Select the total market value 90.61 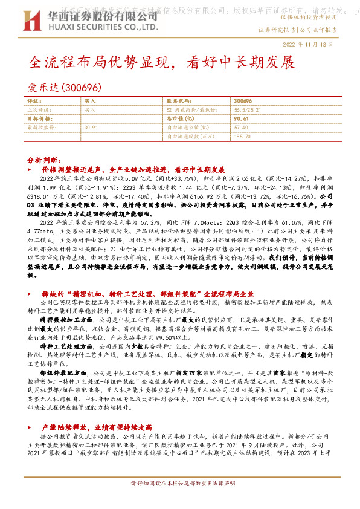[241, 119]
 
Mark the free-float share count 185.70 [242, 137]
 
